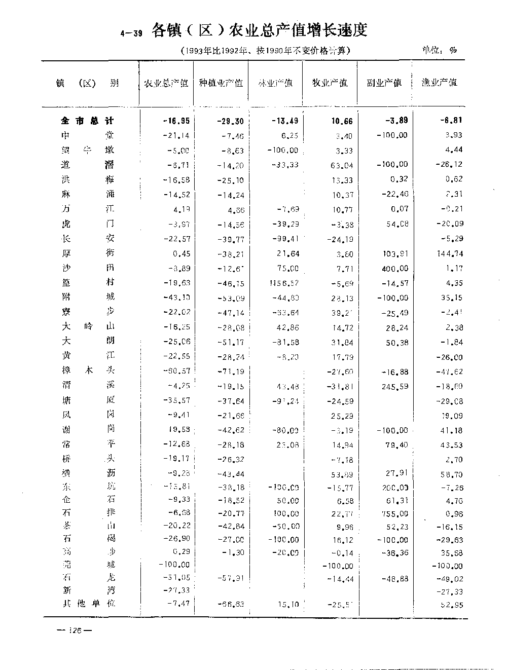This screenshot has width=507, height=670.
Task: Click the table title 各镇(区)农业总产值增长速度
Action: click(x=259, y=30)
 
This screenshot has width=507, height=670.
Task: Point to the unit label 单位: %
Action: click(x=439, y=50)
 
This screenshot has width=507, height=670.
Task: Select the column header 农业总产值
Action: click(x=166, y=83)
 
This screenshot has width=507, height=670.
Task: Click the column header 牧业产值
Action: click(x=330, y=83)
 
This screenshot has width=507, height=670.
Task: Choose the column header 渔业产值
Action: click(x=439, y=82)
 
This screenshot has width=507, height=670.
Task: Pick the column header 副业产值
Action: click(x=384, y=83)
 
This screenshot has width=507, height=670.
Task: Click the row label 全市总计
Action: click(x=87, y=121)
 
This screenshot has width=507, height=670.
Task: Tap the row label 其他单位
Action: click(x=88, y=604)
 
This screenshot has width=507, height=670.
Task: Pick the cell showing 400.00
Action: click(x=395, y=269)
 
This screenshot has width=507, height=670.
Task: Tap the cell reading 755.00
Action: click(x=395, y=513)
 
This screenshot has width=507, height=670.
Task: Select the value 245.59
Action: click(x=395, y=386)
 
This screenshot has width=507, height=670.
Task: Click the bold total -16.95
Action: click(x=176, y=121)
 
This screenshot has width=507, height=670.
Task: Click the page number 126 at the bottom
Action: click(x=74, y=631)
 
